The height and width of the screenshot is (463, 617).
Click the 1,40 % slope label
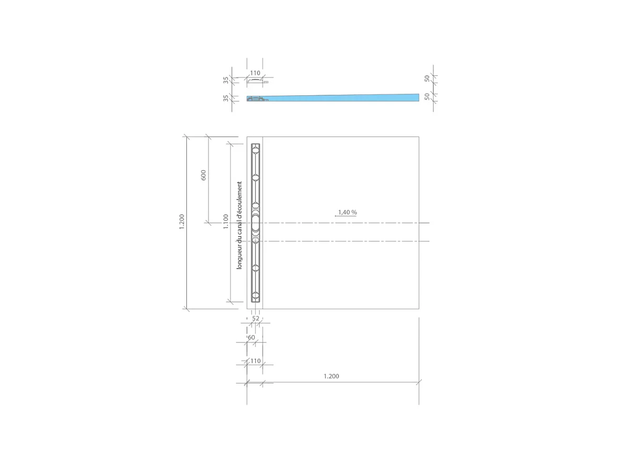click(347, 212)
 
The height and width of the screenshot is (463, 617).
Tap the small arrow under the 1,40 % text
click(345, 216)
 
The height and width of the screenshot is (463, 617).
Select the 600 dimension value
click(203, 175)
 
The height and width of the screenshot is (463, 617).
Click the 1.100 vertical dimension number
click(225, 221)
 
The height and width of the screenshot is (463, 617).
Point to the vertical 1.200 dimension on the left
click(182, 221)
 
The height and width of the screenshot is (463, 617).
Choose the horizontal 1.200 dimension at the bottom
click(331, 376)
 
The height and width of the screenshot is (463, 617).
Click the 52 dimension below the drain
click(256, 319)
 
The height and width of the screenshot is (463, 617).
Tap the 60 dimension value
click(251, 338)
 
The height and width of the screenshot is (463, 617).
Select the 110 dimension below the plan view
click(255, 361)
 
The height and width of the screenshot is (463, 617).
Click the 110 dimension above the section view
click(255, 73)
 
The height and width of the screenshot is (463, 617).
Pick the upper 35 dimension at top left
click(226, 81)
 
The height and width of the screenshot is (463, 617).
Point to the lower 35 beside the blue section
click(226, 98)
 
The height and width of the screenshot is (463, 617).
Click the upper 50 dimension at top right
click(427, 78)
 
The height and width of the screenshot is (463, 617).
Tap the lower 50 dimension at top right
click(427, 96)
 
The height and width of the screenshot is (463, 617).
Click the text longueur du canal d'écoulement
click(240, 225)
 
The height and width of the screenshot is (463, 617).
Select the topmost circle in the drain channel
click(255, 150)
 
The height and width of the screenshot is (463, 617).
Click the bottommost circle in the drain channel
click(255, 295)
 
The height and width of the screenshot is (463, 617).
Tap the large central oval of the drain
click(255, 224)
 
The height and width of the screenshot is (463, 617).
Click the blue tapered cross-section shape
click(342, 98)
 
